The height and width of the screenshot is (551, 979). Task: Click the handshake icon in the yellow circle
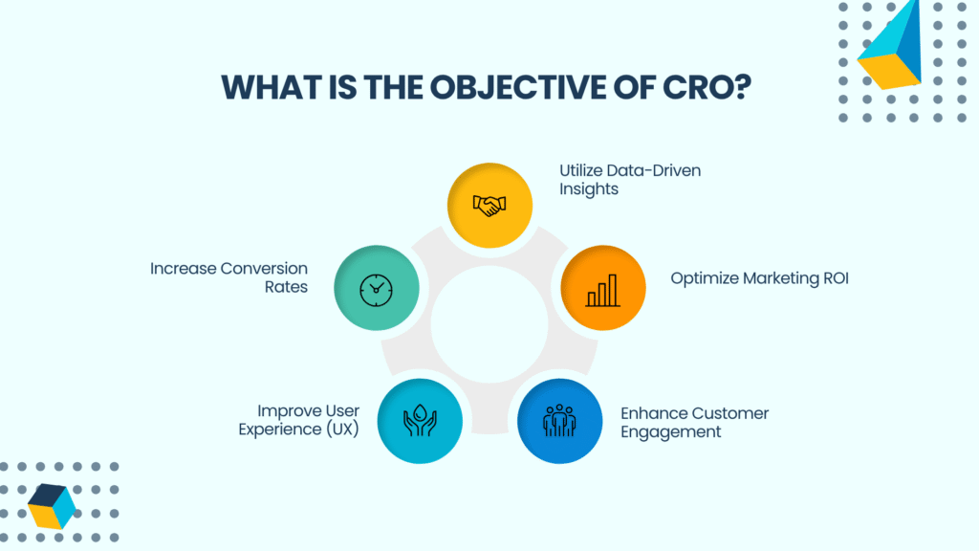tap(489, 206)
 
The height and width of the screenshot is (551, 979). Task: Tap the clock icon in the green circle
tap(376, 291)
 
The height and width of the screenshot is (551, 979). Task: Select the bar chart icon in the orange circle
tap(602, 291)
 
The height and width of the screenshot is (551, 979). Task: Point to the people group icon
tap(559, 420)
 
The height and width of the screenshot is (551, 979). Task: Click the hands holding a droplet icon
tap(420, 420)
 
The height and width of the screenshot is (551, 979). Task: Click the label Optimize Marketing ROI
tap(759, 278)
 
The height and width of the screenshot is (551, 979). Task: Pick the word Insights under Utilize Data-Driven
tap(589, 189)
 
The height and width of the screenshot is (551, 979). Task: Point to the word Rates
tap(286, 287)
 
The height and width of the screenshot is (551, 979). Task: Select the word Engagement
tap(670, 432)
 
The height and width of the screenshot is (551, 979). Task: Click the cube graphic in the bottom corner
tap(52, 506)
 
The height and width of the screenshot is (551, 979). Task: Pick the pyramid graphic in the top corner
tap(890, 45)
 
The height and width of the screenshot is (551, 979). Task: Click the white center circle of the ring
tap(489, 324)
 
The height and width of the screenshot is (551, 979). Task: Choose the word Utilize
tap(580, 170)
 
